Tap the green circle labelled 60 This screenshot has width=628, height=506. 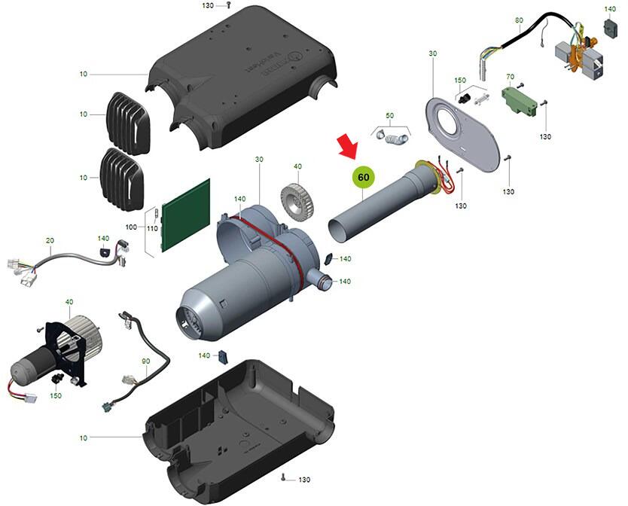click(x=364, y=177)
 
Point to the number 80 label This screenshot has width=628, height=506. click(x=519, y=20)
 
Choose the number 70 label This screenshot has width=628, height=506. click(x=510, y=77)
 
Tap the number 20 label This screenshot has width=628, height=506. click(x=50, y=240)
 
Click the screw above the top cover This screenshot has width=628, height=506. click(x=228, y=6)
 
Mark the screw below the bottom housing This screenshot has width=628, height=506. click(x=282, y=477)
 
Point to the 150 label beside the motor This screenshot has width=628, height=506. click(x=56, y=395)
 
